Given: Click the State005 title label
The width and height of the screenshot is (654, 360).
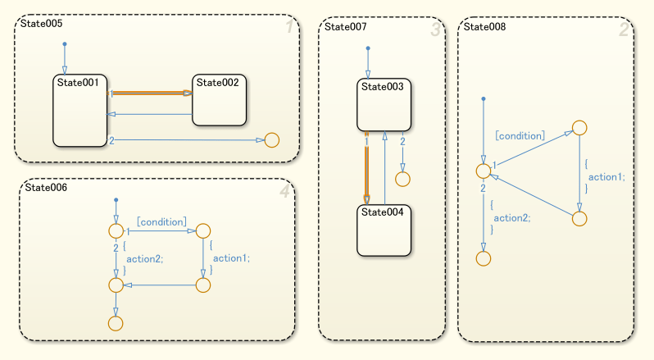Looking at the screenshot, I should [x=38, y=25].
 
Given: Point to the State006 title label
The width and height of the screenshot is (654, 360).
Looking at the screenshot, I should [x=46, y=188].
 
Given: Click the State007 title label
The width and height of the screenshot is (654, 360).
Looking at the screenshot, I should [x=346, y=26].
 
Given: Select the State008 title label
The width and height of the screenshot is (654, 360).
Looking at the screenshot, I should [x=484, y=26].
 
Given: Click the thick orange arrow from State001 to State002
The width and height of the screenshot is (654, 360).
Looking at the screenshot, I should [x=152, y=93].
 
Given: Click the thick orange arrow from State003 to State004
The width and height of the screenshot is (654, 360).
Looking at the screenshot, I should [x=367, y=168].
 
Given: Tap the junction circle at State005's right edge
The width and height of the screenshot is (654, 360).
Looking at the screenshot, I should [x=271, y=139].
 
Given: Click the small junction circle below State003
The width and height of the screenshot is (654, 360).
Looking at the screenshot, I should [x=402, y=178].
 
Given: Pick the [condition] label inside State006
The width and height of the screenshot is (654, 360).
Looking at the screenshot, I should [x=161, y=221].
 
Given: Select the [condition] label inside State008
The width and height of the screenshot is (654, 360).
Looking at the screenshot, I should [x=520, y=135].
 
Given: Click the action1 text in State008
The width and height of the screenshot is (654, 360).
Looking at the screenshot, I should [x=606, y=176].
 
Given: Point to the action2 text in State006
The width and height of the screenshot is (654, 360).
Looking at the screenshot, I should [x=143, y=257].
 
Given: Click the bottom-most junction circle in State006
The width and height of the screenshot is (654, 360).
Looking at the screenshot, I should [x=116, y=323].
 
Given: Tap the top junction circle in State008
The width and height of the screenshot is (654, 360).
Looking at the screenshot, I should [x=579, y=127].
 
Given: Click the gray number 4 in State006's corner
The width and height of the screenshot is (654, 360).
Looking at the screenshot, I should [x=284, y=192].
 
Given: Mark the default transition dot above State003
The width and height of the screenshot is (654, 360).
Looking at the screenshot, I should [x=368, y=49].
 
